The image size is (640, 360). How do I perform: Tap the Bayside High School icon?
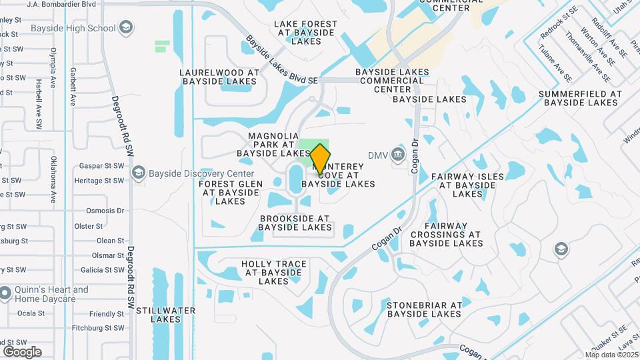[127, 28]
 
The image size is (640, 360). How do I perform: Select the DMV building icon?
[398, 155]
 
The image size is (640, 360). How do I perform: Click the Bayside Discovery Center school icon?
[139, 173]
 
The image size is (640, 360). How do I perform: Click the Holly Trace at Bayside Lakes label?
[274, 273]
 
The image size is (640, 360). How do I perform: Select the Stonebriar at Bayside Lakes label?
[424, 309]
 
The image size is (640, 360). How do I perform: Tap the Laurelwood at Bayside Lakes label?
[219, 77]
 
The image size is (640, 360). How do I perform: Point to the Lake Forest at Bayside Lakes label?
[306, 32]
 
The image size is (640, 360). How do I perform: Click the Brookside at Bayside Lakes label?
[295, 223]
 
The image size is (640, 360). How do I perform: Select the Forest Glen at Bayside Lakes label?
[231, 193]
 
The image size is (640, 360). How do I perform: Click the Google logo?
[22, 351]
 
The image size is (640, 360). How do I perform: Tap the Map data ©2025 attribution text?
[611, 355]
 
